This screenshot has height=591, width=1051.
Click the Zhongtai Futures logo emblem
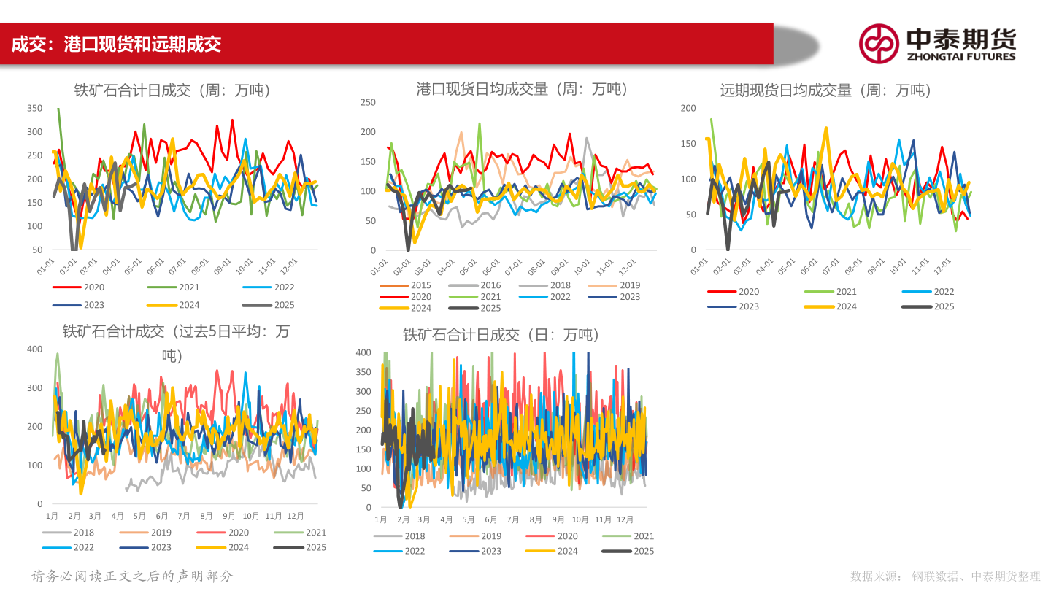tap(878, 43)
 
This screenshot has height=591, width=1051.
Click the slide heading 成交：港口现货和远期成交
tap(117, 44)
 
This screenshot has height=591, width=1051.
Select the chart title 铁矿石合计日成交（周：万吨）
tap(172, 90)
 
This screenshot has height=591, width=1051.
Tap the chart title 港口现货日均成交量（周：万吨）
tap(522, 89)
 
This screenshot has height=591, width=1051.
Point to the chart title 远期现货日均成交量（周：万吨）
tap(825, 90)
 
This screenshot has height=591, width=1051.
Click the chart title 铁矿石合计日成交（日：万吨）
tap(501, 335)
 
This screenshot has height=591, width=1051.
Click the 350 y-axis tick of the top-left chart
tap(34, 109)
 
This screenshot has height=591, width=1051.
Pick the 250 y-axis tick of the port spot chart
tap(368, 103)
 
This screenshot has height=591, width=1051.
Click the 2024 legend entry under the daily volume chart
tap(567, 551)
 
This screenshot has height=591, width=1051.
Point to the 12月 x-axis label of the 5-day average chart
tap(296, 516)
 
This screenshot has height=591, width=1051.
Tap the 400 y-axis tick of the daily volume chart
tap(363, 352)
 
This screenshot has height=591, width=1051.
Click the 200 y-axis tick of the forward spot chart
tap(688, 109)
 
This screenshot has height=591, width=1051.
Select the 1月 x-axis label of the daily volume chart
tap(381, 519)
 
